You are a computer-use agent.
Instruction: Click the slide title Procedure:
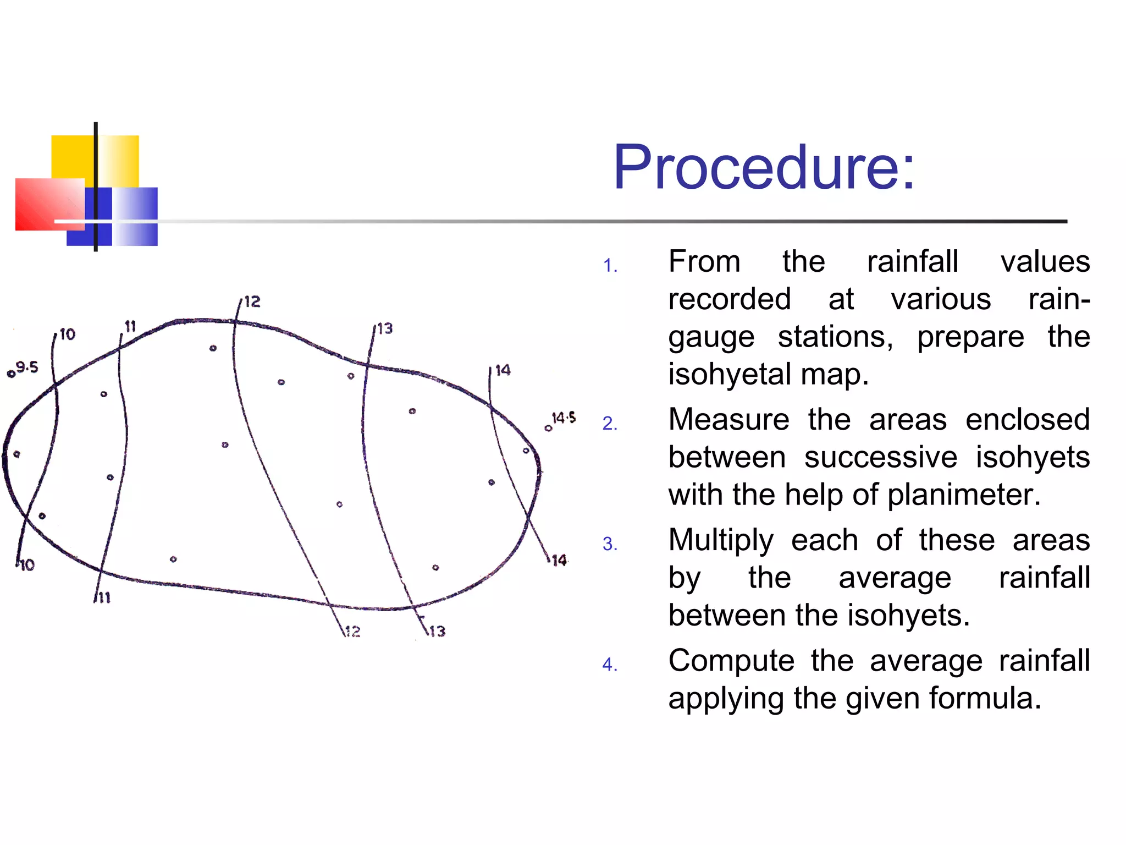[764, 167]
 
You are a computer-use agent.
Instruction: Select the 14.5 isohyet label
[564, 418]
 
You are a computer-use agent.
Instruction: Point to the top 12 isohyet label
[252, 301]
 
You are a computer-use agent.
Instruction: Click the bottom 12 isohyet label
[352, 631]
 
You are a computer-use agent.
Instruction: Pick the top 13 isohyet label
[385, 329]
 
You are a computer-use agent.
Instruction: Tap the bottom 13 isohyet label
[437, 631]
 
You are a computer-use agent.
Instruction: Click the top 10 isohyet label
[68, 334]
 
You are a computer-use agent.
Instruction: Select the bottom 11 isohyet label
[104, 597]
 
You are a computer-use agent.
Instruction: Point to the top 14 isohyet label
[503, 370]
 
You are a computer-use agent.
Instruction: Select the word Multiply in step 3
[721, 540]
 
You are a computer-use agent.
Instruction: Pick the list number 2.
[609, 423]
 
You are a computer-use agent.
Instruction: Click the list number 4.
[609, 665]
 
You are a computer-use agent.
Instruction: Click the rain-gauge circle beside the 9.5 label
[10, 375]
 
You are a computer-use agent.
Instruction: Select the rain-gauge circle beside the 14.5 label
[548, 428]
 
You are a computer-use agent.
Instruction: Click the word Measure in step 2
[728, 420]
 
